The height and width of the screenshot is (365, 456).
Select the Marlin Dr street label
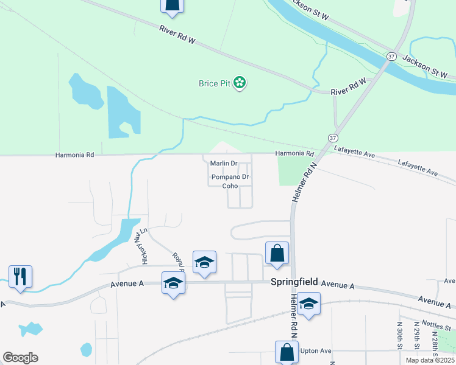[x=223, y=164]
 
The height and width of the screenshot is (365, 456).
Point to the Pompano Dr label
[x=230, y=178]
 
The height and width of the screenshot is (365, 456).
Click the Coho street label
[x=229, y=187]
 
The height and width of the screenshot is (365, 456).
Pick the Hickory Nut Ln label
[x=144, y=246]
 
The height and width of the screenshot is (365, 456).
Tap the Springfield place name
[x=294, y=282]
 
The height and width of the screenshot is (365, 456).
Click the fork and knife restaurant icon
[x=20, y=277]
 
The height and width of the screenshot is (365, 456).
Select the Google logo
[x=20, y=357]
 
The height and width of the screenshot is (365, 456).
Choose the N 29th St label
[x=417, y=333]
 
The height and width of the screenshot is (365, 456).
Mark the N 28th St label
[x=433, y=333]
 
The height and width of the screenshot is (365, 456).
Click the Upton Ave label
[x=316, y=351]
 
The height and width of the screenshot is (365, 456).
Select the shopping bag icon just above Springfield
[x=277, y=253]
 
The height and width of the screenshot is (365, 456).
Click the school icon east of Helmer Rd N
[x=309, y=304]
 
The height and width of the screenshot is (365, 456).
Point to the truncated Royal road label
[x=178, y=261]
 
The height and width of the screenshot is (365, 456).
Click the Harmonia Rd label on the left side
[x=75, y=155]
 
